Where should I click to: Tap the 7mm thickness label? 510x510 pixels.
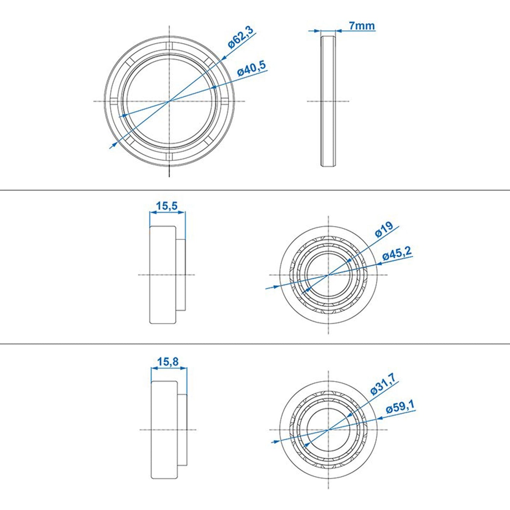coord(361,26)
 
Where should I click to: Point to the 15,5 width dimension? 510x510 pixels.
coord(167,206)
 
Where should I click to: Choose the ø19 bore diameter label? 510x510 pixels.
coord(384,230)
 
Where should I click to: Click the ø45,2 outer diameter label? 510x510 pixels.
coord(397,254)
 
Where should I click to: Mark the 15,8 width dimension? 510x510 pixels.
coord(168,362)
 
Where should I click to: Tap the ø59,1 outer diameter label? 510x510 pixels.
coord(400,407)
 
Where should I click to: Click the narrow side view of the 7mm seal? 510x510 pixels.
coord(328,101)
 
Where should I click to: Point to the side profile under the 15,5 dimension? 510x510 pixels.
coord(166,275)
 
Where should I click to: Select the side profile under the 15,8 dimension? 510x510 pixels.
coord(168,430)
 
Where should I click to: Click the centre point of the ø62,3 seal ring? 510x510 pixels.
coord(169,101)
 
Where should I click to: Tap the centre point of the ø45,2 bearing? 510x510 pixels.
coord(329,275)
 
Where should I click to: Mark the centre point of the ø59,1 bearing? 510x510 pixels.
coord(329,430)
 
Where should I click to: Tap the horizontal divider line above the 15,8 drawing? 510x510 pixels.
coord(255,343)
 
